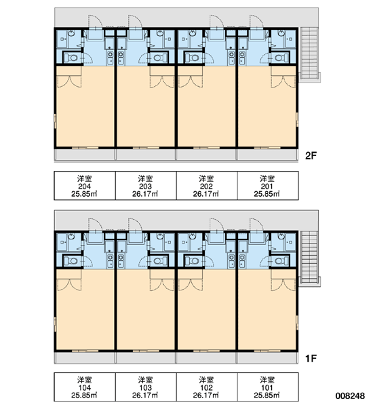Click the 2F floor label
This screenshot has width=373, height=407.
pos(311,155)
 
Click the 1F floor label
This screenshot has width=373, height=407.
pos(311,358)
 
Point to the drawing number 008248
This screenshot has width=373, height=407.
pos(350,395)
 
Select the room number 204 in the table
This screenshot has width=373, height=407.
pos(85,186)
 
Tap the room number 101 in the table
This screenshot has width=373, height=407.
pos(267,388)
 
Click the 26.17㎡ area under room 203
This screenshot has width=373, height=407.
pos(145,193)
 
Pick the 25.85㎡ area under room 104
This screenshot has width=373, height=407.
pos(85,395)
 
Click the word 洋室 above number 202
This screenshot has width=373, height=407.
pos(206,178)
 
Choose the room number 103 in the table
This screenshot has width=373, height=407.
pos(145,388)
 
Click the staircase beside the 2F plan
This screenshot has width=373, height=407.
pos(309,53)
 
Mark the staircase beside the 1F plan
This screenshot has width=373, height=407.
pos(309,257)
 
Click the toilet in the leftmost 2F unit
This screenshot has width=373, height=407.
pos(71,58)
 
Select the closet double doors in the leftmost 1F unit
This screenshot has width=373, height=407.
pos(69,285)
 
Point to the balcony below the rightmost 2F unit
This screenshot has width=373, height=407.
pos(268,155)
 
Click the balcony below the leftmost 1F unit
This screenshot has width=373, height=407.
pos(85,358)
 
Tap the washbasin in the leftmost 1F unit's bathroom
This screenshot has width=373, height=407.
pos(71,236)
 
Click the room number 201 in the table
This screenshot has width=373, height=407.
pos(267,186)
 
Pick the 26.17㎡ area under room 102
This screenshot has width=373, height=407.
pos(206,395)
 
